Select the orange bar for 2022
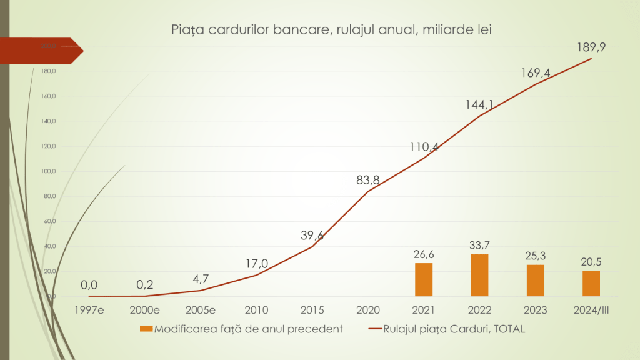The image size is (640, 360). pos(479,275)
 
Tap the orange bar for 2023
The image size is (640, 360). pos(535,281)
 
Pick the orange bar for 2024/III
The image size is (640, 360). pos(591,283)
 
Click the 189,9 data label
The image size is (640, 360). pos(591,47)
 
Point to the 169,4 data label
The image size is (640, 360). pos(536,73)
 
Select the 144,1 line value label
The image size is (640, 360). pos(479,104)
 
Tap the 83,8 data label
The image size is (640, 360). pos(367,180)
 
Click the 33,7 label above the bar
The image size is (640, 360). pos(479,244)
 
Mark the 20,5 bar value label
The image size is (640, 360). pos(591,261)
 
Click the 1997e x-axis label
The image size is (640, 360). pos(89,310)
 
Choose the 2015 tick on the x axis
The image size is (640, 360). pos(312,310)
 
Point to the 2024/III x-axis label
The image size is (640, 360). pos(591,310)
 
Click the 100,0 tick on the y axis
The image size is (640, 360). pos(48,171)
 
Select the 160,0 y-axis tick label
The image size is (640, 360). pos(48,96)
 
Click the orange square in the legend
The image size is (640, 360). pos(146,329)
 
